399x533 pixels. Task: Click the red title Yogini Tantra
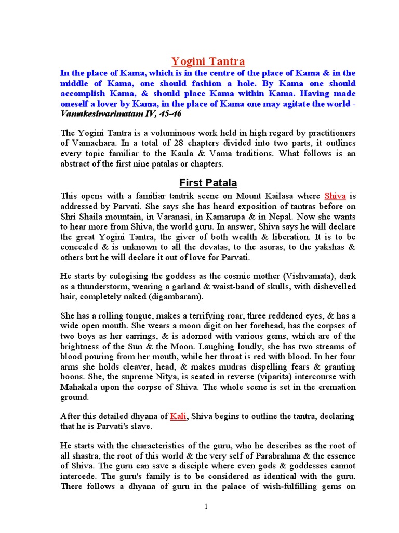[x=208, y=61]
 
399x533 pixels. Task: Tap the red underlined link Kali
[x=178, y=416]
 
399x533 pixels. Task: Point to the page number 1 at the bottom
[x=207, y=506]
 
